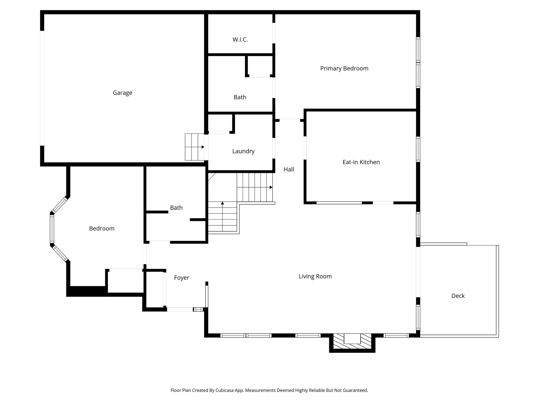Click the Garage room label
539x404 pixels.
[122, 93]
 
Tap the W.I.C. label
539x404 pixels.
[240, 40]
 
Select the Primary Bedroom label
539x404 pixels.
[344, 69]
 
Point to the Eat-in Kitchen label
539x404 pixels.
[361, 162]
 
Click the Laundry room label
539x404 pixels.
[243, 151]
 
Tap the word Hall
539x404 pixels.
[288, 170]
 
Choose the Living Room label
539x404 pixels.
[315, 276]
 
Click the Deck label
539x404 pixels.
[458, 296]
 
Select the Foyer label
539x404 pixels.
[182, 278]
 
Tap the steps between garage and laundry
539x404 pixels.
[194, 147]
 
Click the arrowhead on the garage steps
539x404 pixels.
[203, 147]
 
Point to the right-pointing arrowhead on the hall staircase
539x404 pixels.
[271, 187]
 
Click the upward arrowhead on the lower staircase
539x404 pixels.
[222, 203]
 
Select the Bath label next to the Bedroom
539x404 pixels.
[176, 208]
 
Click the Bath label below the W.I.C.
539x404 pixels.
[240, 97]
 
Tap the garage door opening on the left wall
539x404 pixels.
[42, 88]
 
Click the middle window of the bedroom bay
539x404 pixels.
[52, 229]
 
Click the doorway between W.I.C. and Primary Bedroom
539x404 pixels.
[274, 33]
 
